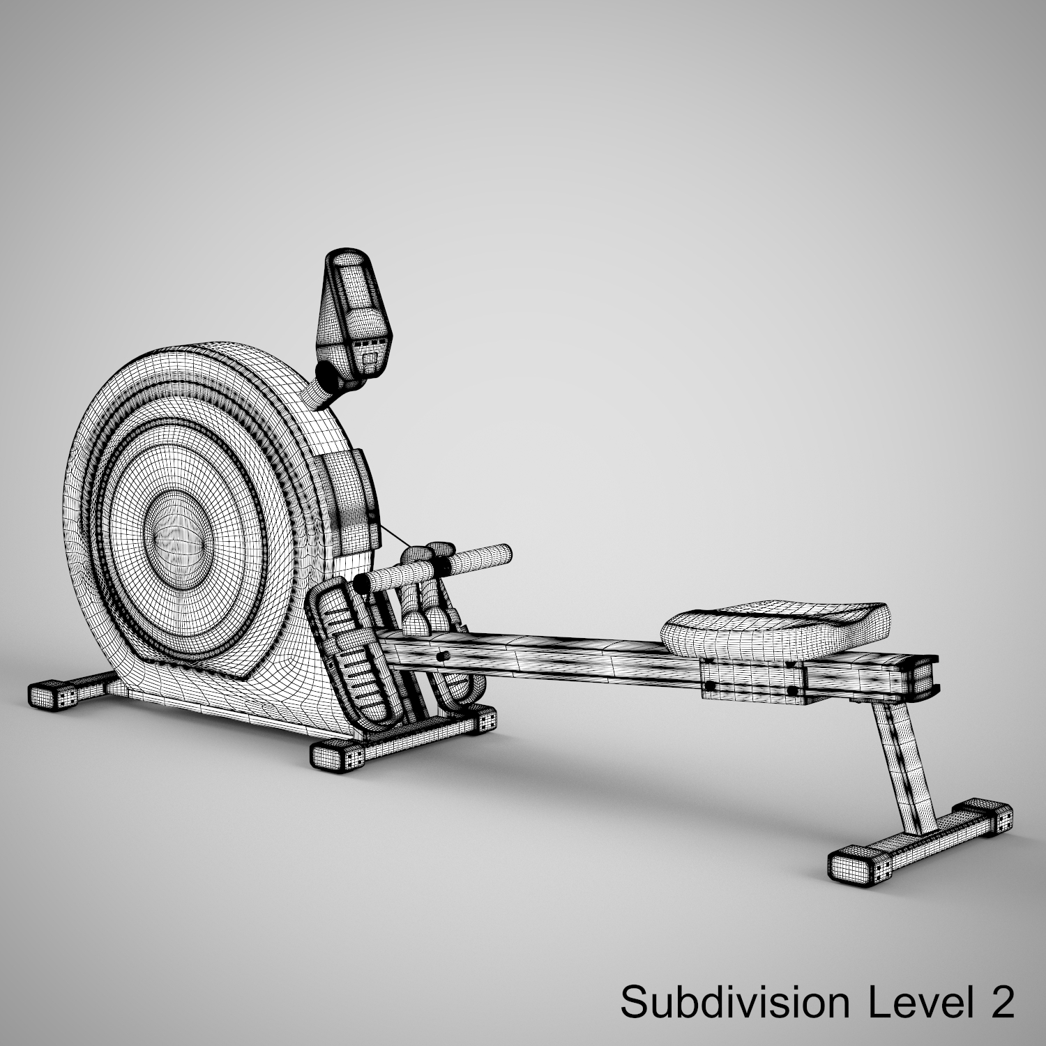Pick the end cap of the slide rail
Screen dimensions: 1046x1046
pos(922,674)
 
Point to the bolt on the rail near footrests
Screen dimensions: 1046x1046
pos(441,656)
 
